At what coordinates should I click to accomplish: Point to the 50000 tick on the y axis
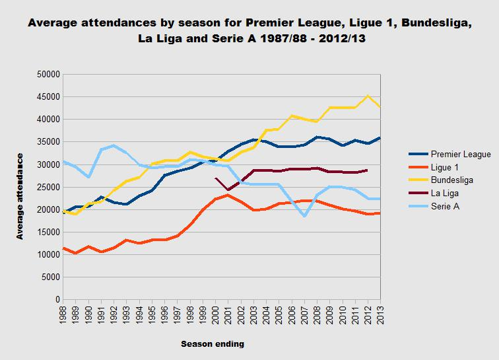[x=46, y=74]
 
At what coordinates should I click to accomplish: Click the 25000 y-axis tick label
[x=46, y=187]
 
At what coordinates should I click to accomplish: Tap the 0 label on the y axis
[x=56, y=300]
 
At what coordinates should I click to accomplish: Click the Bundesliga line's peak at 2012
[x=368, y=96]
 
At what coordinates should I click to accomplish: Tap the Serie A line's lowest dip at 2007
[x=304, y=216]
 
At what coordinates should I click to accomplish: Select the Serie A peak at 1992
[x=114, y=145]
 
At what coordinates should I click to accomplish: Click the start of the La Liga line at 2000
[x=215, y=178]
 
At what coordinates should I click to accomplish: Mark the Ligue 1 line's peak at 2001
[x=228, y=195]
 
